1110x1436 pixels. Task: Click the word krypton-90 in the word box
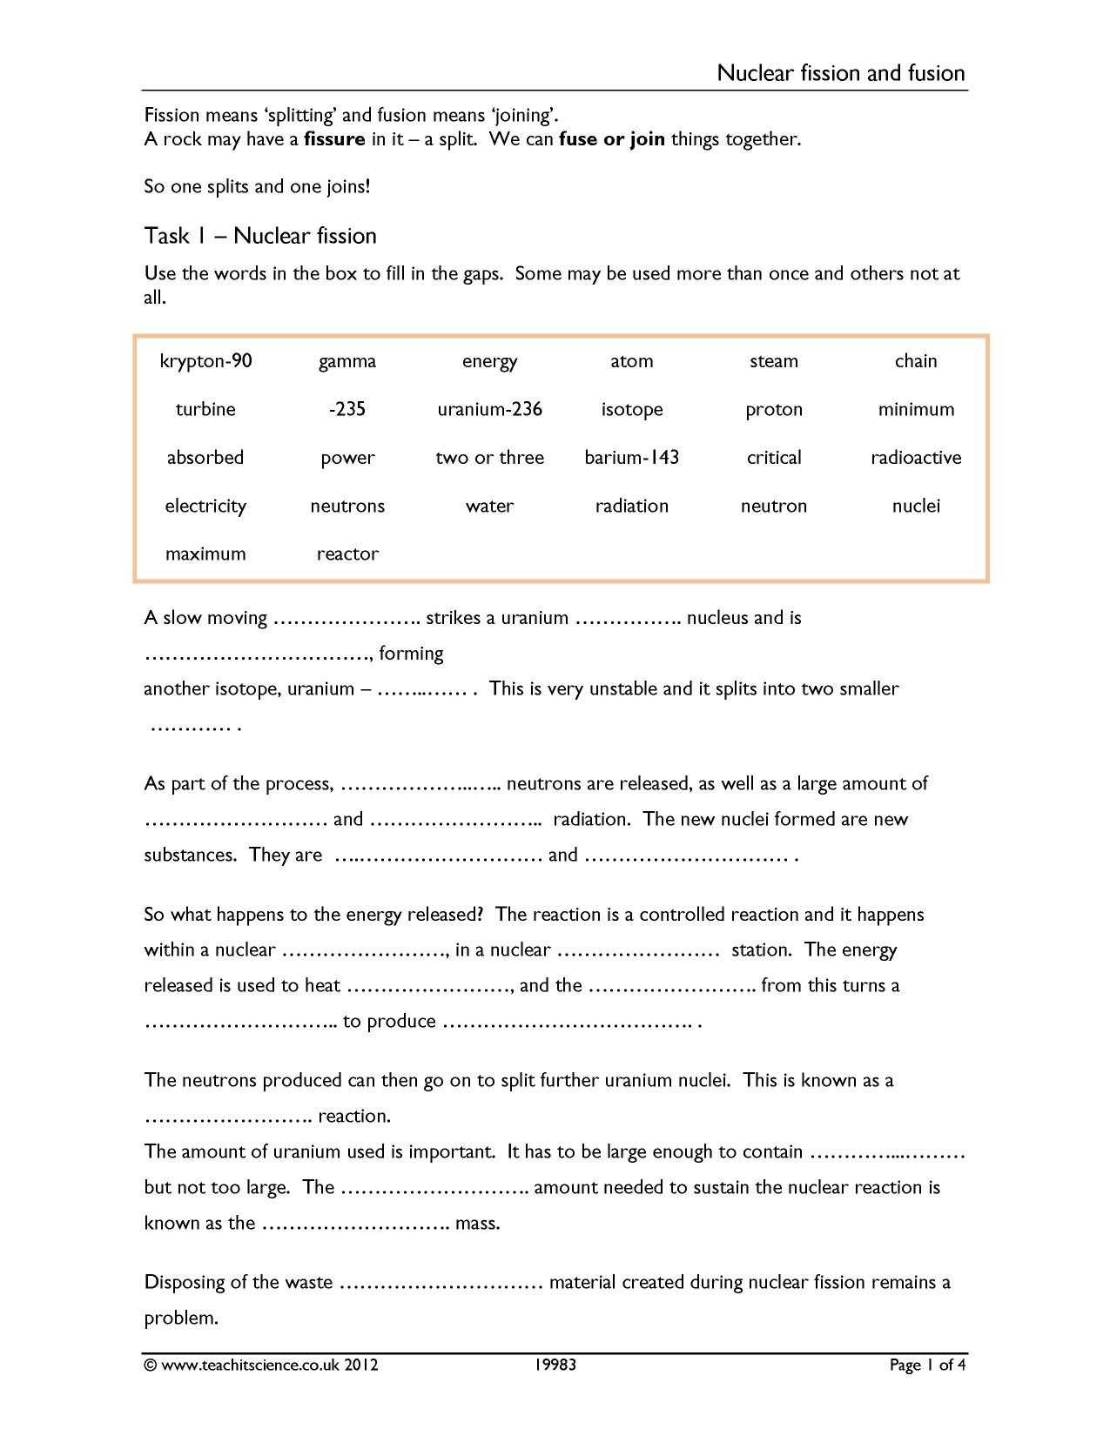point(205,361)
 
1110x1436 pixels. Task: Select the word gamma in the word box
point(347,361)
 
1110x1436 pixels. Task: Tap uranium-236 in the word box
point(489,409)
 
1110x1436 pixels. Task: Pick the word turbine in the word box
point(205,409)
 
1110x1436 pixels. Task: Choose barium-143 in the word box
point(631,458)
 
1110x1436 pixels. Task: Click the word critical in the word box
point(773,458)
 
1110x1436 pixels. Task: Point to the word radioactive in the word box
point(916,458)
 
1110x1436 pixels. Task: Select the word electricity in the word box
point(205,506)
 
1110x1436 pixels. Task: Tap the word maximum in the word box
point(205,554)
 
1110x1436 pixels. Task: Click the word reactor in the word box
point(347,554)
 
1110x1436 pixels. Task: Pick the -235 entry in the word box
point(347,409)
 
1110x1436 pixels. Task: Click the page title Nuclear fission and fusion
point(841,73)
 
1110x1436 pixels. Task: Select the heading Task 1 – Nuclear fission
point(260,236)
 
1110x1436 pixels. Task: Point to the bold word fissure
point(333,139)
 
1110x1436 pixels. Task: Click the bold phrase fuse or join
point(611,139)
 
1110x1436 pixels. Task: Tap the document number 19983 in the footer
point(555,1365)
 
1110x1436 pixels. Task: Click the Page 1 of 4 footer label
point(927,1365)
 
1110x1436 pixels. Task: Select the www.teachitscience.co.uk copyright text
point(261,1365)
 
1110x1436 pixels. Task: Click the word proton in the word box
point(773,409)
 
